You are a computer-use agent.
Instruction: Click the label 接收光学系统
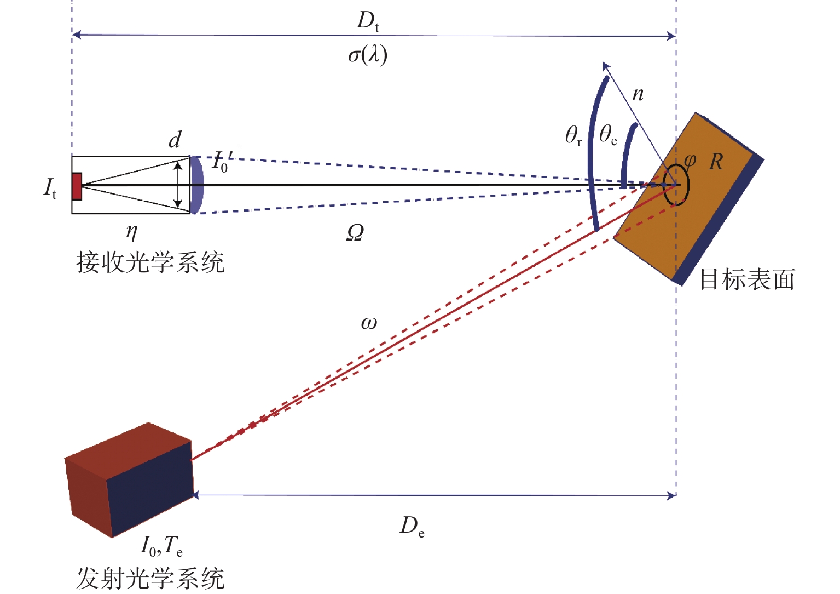click(x=150, y=262)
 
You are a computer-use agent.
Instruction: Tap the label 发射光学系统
click(x=150, y=579)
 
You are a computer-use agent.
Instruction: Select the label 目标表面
click(x=747, y=279)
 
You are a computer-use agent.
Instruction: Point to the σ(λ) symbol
click(x=368, y=55)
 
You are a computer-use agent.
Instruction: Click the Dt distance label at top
click(x=368, y=21)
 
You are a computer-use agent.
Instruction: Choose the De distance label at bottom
click(x=412, y=527)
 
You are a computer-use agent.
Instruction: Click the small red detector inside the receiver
click(x=77, y=186)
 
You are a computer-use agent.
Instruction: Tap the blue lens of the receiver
click(x=197, y=185)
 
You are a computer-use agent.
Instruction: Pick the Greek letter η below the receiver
click(x=131, y=232)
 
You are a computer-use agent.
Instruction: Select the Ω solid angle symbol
click(x=355, y=233)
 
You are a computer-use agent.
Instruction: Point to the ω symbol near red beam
click(x=369, y=323)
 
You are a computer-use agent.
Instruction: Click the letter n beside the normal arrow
click(x=638, y=94)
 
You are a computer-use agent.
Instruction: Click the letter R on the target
click(x=716, y=162)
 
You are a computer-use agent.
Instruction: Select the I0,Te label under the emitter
click(x=161, y=545)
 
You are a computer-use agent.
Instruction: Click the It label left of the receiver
click(x=50, y=188)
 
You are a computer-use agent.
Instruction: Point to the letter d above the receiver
click(x=175, y=140)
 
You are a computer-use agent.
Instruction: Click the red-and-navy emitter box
click(x=129, y=479)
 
